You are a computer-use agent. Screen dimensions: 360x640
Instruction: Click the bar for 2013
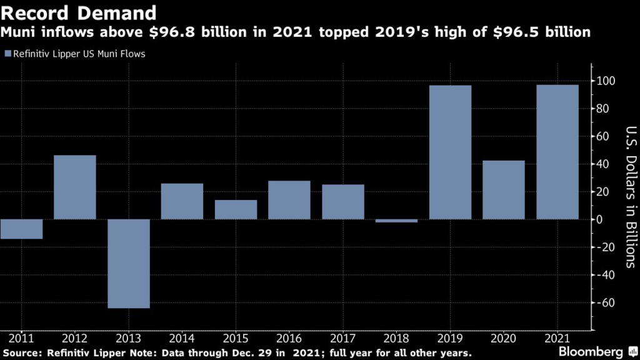(128, 263)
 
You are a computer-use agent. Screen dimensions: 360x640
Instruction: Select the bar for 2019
(450, 152)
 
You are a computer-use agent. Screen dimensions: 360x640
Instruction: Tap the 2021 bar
(557, 152)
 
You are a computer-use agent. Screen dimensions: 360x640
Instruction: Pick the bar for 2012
(75, 187)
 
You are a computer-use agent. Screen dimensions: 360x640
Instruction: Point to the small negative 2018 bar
(396, 221)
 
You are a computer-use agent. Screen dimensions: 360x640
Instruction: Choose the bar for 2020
(504, 190)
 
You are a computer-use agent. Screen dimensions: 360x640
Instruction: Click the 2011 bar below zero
(21, 229)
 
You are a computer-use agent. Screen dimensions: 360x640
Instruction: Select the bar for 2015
(236, 209)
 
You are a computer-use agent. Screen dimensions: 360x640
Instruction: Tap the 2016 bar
(289, 200)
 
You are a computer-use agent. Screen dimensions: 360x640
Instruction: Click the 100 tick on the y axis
(607, 81)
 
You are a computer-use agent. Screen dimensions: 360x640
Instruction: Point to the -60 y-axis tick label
(607, 302)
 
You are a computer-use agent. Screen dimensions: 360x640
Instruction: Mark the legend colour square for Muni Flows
(7, 54)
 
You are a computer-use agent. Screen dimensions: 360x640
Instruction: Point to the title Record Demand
(78, 12)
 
